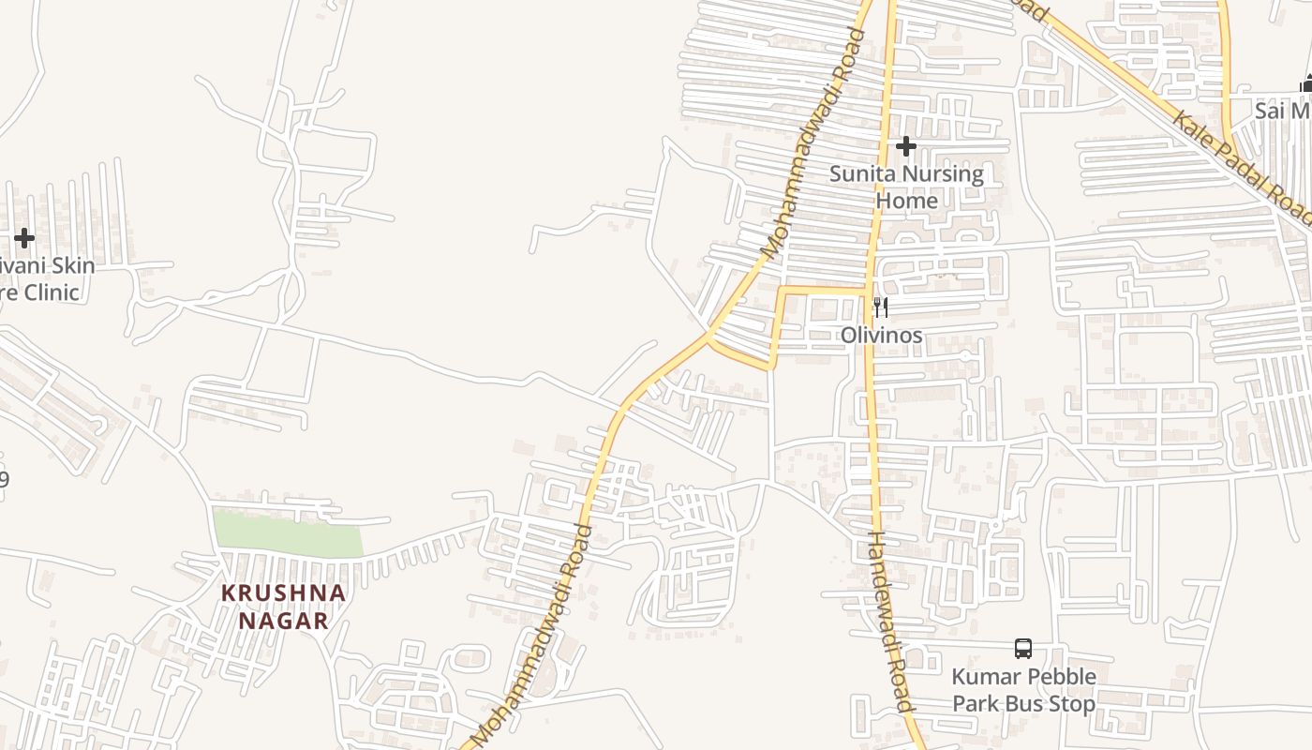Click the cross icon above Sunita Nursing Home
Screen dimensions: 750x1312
pos(905,146)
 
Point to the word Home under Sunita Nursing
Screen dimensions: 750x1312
pos(906,201)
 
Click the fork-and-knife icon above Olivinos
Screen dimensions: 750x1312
pos(881,307)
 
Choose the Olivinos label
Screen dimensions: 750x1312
pos(881,335)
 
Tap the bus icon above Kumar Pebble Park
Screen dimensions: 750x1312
pos(1023,648)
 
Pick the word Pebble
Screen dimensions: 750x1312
pos(1062,677)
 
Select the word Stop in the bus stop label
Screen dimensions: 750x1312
pos(1068,704)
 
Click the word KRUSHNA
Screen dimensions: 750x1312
pos(284,593)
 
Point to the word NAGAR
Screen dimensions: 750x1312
pos(283,621)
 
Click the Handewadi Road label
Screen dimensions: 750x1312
pos(888,623)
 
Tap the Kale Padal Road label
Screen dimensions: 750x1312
pos(1242,159)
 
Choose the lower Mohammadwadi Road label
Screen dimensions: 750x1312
pos(533,637)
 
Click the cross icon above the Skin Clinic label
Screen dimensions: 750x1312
pos(24,238)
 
